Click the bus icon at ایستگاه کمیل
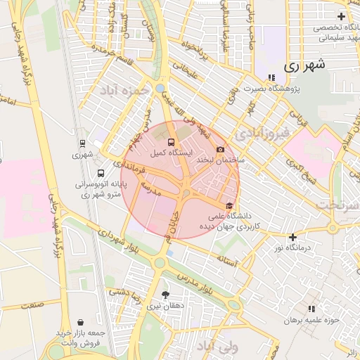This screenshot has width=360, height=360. click(172, 143)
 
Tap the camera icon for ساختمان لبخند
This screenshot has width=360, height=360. click(221, 150)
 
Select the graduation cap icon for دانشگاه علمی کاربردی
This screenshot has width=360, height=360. click(229, 205)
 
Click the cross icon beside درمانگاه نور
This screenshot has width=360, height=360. click(292, 238)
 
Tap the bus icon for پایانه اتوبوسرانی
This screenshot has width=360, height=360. click(101, 173)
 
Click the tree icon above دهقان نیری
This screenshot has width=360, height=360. click(166, 295)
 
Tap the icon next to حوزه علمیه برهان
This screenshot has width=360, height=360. click(311, 309)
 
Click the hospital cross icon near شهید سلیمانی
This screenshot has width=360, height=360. click(341, 16)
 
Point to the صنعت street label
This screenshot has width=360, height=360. click(31, 305)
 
